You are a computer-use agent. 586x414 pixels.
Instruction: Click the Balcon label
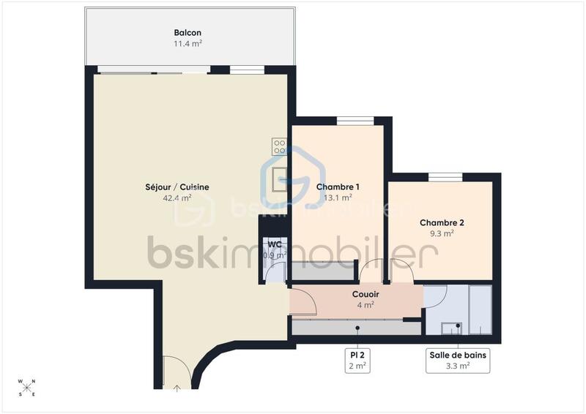(188, 32)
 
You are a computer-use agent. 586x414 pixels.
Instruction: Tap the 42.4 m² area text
(177, 197)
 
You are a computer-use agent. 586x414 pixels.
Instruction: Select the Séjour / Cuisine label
(177, 187)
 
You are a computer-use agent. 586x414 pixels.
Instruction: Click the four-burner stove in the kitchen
(279, 146)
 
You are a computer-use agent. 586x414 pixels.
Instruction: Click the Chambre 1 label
(338, 187)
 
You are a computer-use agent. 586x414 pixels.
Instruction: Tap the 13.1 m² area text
(338, 197)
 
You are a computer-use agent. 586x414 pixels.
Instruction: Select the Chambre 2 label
(442, 222)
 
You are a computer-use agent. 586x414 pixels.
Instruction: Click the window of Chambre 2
(445, 176)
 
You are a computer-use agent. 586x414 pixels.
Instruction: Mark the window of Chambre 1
(355, 121)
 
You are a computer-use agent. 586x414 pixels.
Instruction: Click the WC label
(275, 244)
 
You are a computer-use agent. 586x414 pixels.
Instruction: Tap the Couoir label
(366, 294)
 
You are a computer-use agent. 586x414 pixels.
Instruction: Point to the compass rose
(27, 388)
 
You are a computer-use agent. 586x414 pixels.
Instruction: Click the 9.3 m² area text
(442, 233)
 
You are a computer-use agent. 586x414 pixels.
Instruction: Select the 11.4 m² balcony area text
(188, 43)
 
